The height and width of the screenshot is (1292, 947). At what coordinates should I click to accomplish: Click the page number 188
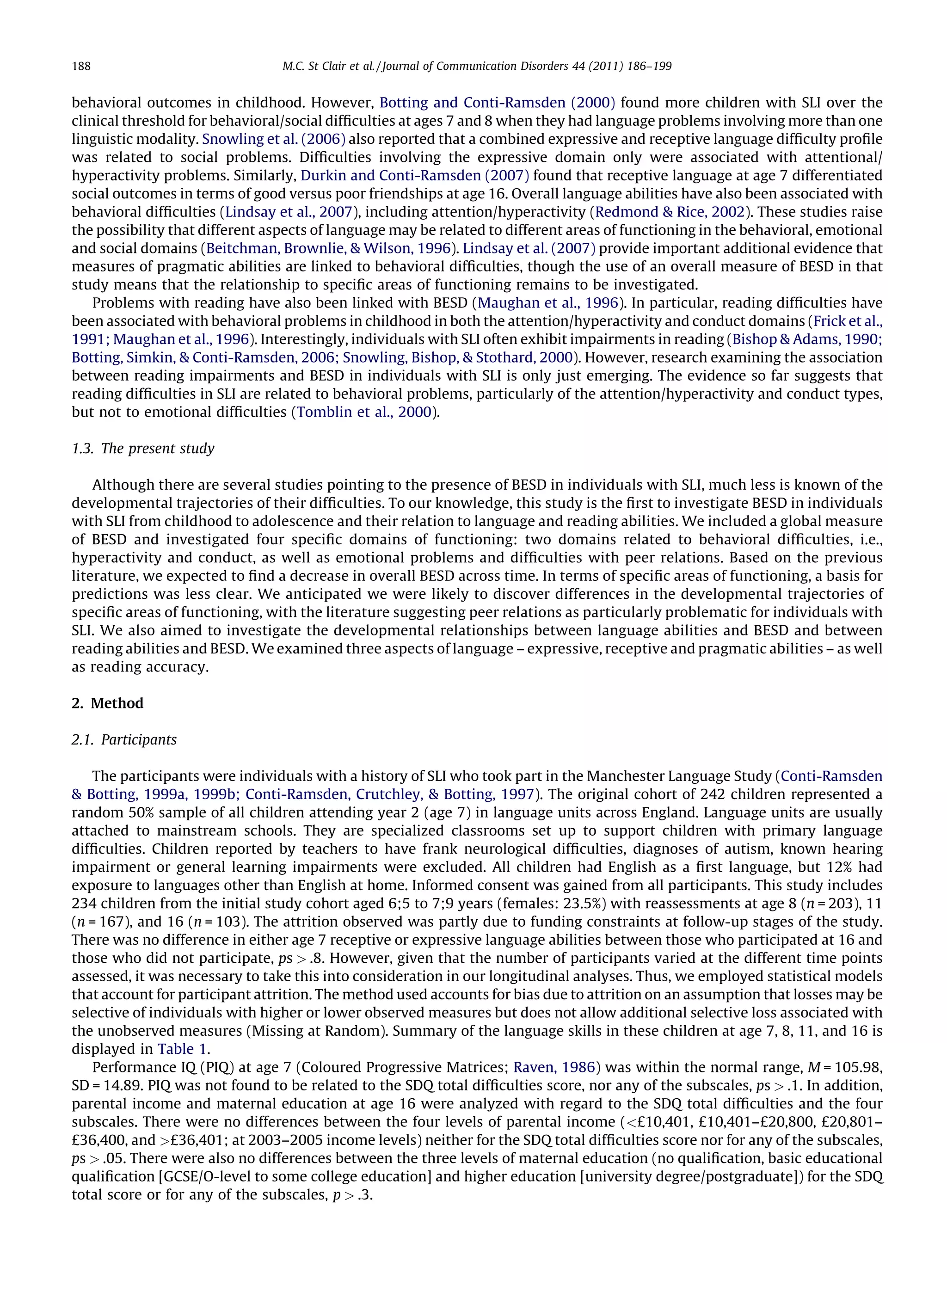pos(81,67)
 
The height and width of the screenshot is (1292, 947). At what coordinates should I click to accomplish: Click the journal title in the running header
pos(476,67)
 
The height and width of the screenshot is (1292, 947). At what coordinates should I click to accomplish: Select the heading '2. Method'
pos(107,703)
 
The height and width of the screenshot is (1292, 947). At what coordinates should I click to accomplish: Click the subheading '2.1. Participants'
pos(124,739)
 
